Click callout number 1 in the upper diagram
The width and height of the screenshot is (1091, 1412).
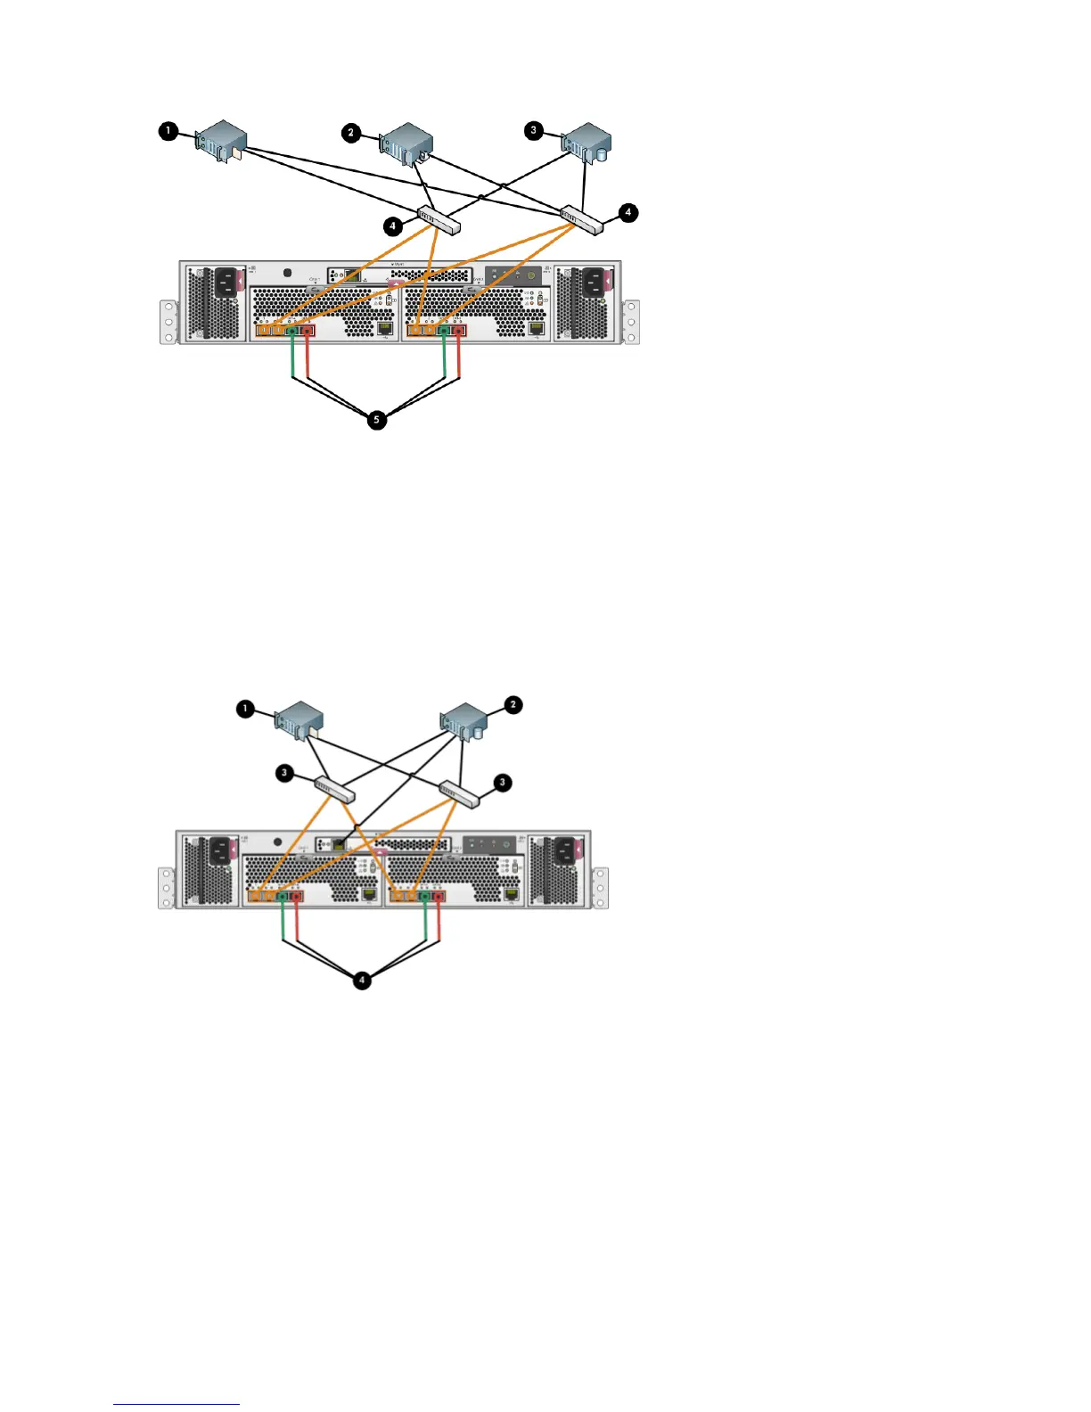pyautogui.click(x=167, y=131)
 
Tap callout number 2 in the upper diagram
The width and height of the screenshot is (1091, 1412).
pyautogui.click(x=350, y=132)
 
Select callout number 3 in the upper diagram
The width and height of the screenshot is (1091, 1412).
pyautogui.click(x=534, y=130)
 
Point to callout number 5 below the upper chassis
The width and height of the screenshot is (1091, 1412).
pyautogui.click(x=376, y=419)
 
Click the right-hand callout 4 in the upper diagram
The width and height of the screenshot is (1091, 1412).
pyautogui.click(x=628, y=212)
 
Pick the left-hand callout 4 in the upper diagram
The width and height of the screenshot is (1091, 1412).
pyautogui.click(x=393, y=226)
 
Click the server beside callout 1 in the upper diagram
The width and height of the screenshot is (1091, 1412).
pyautogui.click(x=221, y=141)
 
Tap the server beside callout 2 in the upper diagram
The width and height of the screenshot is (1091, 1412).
pyautogui.click(x=406, y=144)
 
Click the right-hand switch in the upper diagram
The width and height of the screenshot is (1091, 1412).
pyautogui.click(x=581, y=219)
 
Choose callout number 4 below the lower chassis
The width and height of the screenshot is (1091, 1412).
pyautogui.click(x=362, y=980)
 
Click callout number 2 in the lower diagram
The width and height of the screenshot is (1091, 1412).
pyautogui.click(x=513, y=704)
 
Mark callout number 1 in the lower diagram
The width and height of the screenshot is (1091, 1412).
pyautogui.click(x=245, y=710)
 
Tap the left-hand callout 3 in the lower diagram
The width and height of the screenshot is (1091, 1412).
pyautogui.click(x=284, y=772)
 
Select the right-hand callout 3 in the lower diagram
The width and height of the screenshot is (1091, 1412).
pyautogui.click(x=502, y=782)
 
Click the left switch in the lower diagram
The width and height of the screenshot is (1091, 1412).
pyautogui.click(x=334, y=789)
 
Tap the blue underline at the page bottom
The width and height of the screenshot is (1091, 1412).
pyautogui.click(x=176, y=1404)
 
